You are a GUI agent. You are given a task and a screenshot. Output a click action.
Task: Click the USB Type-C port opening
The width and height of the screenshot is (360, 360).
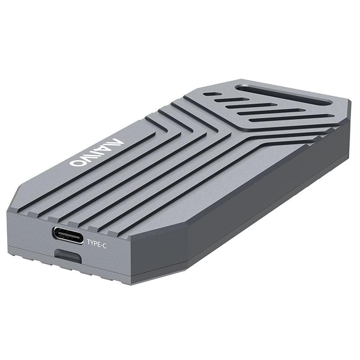(x=67, y=235)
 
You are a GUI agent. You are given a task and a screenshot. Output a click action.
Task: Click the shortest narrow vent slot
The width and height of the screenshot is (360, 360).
(x=215, y=96)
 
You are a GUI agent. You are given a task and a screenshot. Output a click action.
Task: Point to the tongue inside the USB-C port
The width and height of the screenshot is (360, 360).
(x=67, y=235)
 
